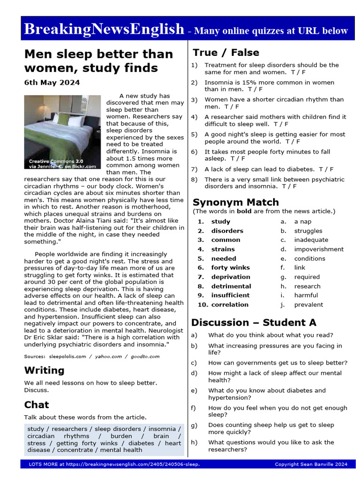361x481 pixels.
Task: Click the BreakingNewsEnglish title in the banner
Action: [x=104, y=29]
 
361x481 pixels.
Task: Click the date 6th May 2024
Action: [x=52, y=83]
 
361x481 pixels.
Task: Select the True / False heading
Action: [x=226, y=53]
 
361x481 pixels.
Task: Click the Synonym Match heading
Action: [x=235, y=202]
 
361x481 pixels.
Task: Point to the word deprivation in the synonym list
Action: [x=230, y=277]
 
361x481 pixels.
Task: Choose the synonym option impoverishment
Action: [x=319, y=249]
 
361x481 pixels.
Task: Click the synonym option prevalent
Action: [x=308, y=305]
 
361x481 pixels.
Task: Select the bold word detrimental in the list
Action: [x=231, y=286]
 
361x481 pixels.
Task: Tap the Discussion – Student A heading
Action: [x=253, y=323]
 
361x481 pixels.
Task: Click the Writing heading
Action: [x=44, y=371]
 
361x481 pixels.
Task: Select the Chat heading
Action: [x=37, y=405]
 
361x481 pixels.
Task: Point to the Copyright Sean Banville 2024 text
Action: [x=311, y=465]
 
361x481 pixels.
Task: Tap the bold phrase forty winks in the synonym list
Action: [x=230, y=268]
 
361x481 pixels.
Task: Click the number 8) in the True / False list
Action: [x=194, y=179]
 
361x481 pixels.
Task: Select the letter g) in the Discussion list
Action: [x=194, y=425]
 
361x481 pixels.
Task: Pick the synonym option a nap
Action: [x=303, y=222]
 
